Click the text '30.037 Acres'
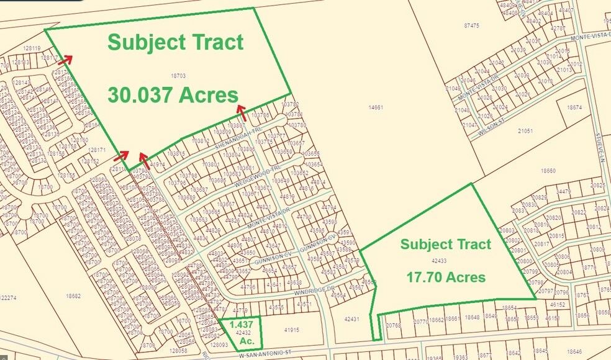pyautogui.click(x=173, y=95)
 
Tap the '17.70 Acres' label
pyautogui.click(x=446, y=277)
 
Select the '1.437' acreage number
pyautogui.click(x=240, y=325)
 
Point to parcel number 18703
pyautogui.click(x=178, y=76)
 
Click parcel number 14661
pyautogui.click(x=376, y=107)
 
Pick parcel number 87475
pyautogui.click(x=471, y=25)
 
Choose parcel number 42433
pyautogui.click(x=438, y=261)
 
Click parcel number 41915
pyautogui.click(x=292, y=330)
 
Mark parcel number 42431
pyautogui.click(x=351, y=319)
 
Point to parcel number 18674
pyautogui.click(x=574, y=107)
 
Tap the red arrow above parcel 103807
pyautogui.click(x=242, y=112)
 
